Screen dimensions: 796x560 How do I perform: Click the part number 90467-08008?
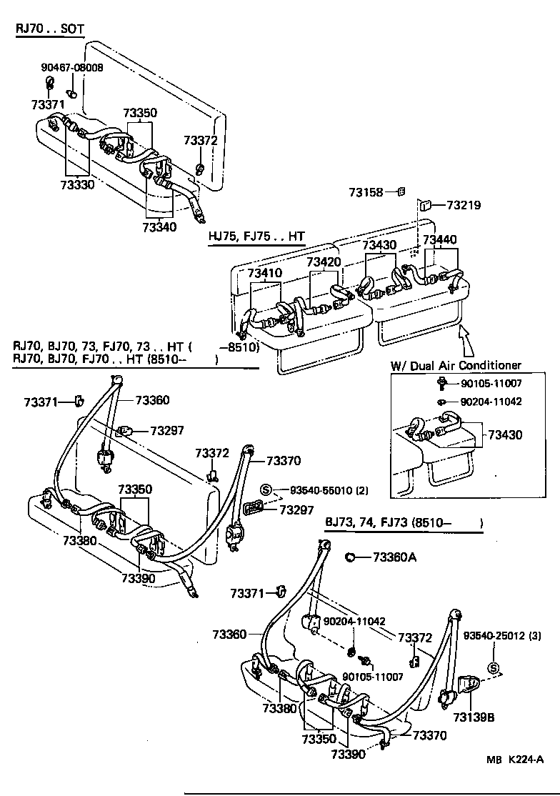(x=71, y=68)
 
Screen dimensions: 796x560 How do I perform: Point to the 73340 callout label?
(x=159, y=227)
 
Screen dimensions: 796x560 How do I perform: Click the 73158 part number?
(x=366, y=191)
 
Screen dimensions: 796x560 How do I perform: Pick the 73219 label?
(x=464, y=205)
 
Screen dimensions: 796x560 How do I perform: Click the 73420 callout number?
(x=324, y=262)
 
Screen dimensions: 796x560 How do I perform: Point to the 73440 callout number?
(x=440, y=240)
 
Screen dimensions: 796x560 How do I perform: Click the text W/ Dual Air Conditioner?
(x=456, y=365)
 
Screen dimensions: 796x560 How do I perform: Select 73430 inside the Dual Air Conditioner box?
(x=505, y=434)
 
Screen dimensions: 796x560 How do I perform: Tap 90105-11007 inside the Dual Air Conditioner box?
(x=491, y=384)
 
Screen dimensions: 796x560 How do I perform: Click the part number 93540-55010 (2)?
(x=329, y=490)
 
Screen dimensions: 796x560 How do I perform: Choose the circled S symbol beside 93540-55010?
(x=266, y=490)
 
